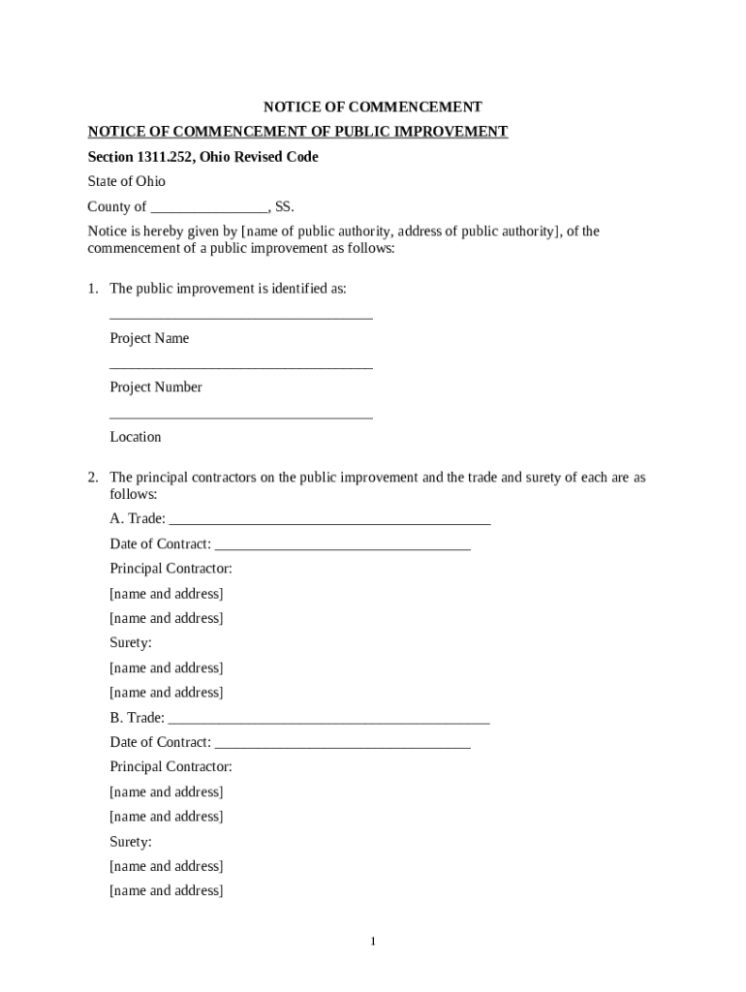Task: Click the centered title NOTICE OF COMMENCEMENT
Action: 374,108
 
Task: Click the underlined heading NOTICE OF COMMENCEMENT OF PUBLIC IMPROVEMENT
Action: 297,132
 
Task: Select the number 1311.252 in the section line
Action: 166,157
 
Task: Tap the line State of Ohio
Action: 127,181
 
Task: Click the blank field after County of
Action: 209,207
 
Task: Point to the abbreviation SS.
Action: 284,206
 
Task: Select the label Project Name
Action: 149,338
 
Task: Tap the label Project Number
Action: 156,387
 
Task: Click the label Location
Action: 136,437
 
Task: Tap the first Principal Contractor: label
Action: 171,569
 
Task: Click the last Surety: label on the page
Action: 131,842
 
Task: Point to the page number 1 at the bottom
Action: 373,942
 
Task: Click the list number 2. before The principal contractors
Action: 93,478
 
